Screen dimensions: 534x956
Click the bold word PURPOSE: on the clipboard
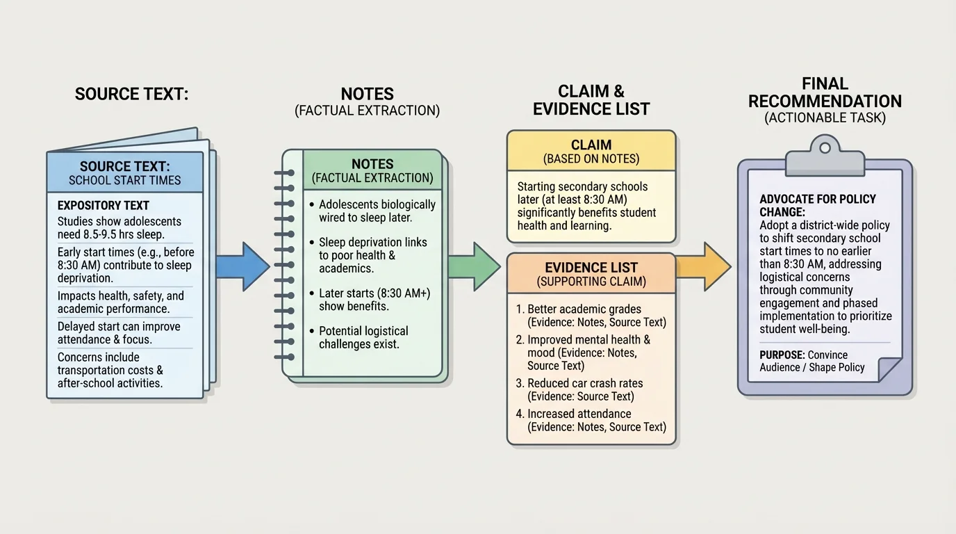(x=782, y=355)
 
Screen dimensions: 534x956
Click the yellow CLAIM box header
(x=591, y=151)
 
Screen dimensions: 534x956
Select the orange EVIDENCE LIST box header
(x=591, y=273)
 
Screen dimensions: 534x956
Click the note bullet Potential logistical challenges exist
(x=363, y=337)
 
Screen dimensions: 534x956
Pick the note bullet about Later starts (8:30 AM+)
(x=374, y=300)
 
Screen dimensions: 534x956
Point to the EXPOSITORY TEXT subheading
(x=103, y=206)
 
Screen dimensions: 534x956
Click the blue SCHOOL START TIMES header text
(x=125, y=180)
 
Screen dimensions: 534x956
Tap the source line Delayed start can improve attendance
(x=119, y=332)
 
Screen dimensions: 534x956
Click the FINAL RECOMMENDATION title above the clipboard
(x=825, y=92)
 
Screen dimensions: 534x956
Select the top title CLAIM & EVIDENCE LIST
(x=591, y=100)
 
